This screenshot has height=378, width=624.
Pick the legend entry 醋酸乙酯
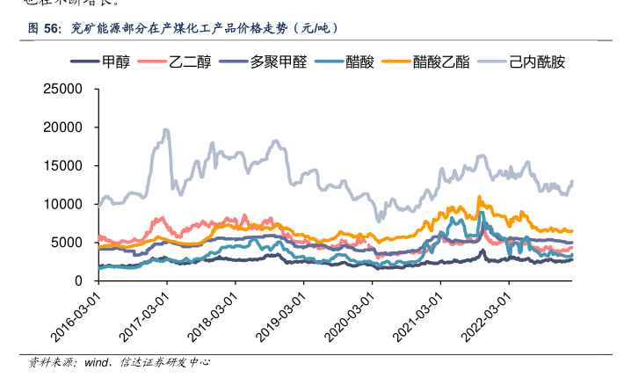click(440, 62)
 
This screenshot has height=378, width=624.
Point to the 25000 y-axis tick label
click(63, 89)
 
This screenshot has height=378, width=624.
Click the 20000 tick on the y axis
click(63, 127)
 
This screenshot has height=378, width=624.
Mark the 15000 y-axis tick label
click(63, 165)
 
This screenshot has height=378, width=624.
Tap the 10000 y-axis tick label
click(63, 204)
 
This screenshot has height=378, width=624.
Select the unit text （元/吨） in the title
click(310, 29)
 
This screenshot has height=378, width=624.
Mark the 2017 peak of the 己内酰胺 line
click(166, 131)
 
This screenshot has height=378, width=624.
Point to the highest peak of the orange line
click(479, 197)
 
